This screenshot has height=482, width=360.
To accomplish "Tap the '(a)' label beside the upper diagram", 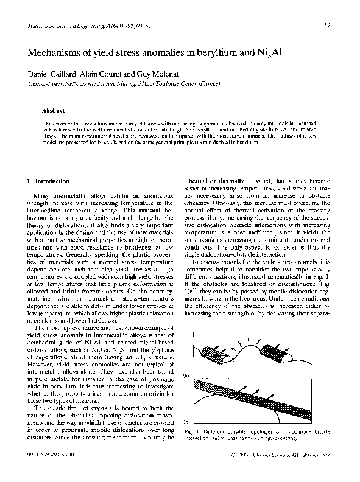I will pos(186,375).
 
